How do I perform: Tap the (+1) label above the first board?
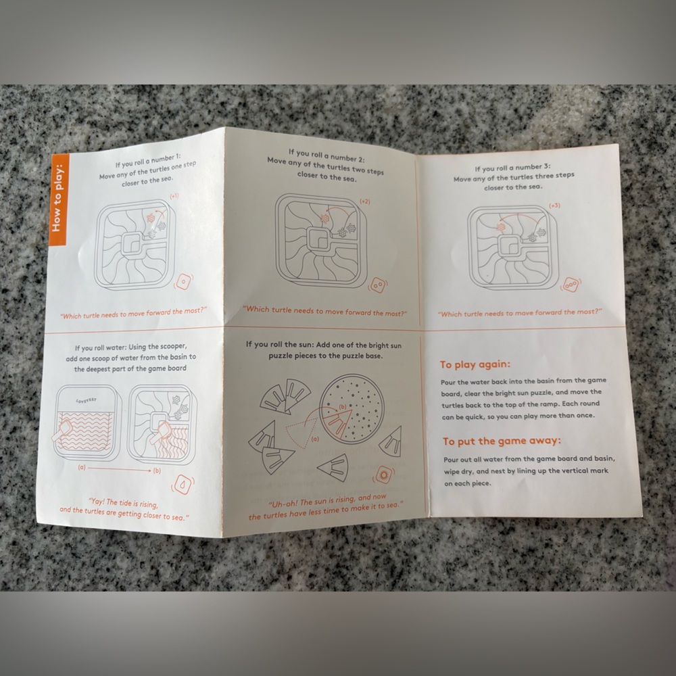click(174, 196)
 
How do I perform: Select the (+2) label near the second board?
click(365, 201)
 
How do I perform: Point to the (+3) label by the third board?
click(554, 206)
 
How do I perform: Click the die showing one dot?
click(184, 282)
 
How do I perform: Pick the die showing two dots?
click(378, 285)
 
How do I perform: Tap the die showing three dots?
click(571, 285)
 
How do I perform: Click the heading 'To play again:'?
click(475, 364)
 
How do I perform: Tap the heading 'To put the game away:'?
click(502, 441)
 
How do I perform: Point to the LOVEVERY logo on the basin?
click(87, 400)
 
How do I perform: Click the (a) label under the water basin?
click(82, 467)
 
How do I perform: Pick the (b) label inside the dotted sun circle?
click(343, 406)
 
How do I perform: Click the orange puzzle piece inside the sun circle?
click(337, 422)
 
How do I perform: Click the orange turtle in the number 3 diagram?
click(501, 227)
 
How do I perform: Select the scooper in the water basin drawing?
click(65, 431)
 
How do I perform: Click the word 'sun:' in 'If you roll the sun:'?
click(306, 345)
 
